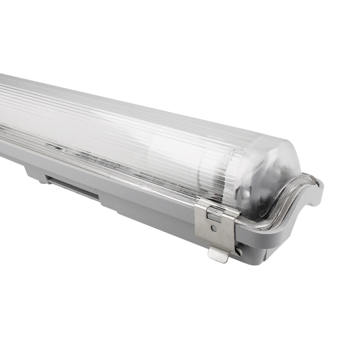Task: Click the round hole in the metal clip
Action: (213, 229)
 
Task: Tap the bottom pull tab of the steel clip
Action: (218, 255)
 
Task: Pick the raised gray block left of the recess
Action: (34, 171)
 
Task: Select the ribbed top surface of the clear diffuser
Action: (112, 112)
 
